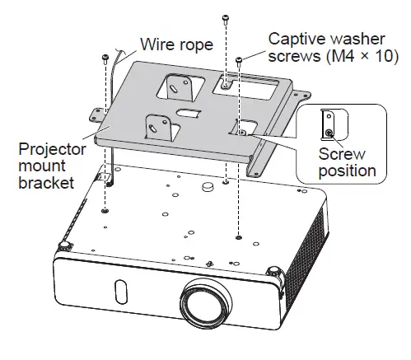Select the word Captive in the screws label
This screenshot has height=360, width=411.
(x=295, y=38)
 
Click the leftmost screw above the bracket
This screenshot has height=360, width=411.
(x=105, y=58)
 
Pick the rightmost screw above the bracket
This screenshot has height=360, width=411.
(x=239, y=62)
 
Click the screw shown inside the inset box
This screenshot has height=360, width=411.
(x=329, y=132)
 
